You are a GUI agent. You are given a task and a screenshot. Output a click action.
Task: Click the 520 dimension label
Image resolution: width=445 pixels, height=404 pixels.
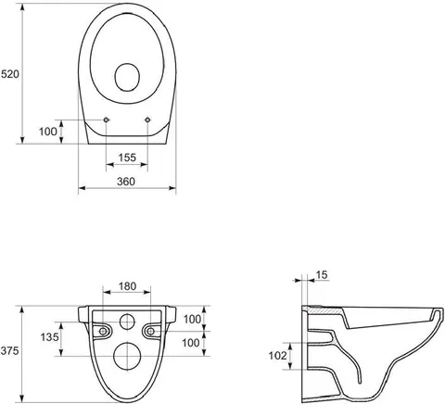[10, 74]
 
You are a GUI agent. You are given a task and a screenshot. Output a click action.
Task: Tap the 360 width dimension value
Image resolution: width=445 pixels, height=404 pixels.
[126, 182]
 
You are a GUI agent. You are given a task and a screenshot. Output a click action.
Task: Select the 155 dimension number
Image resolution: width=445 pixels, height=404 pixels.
[127, 158]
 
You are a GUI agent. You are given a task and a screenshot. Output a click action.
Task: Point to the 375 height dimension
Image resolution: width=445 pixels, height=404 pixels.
[9, 351]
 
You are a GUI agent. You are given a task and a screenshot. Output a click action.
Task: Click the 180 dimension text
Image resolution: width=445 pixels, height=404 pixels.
[127, 286]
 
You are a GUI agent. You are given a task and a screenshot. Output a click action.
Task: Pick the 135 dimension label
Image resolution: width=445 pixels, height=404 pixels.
[49, 336]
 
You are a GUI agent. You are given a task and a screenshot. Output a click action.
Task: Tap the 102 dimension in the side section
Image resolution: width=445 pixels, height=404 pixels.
[278, 356]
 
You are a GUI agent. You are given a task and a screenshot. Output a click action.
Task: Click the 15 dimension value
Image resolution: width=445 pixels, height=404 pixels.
[322, 274]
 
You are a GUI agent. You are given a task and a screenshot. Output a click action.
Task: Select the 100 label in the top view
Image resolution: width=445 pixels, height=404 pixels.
[48, 132]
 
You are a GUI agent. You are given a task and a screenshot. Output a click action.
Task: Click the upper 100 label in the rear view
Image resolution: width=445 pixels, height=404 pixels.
[193, 320]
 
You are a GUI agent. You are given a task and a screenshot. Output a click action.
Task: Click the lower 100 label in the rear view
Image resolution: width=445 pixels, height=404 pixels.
[191, 343]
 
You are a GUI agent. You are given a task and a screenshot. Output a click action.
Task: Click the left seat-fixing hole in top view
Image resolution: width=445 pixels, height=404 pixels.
[106, 120]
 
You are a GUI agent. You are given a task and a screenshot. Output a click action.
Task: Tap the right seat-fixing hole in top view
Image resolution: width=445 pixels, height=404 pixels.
[147, 120]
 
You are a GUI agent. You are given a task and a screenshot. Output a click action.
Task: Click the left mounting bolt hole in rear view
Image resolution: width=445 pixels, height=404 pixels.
[103, 332]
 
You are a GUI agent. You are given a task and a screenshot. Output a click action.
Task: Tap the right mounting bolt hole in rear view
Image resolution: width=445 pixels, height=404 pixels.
[151, 332]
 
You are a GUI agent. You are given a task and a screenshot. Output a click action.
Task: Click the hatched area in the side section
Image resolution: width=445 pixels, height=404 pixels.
[324, 311]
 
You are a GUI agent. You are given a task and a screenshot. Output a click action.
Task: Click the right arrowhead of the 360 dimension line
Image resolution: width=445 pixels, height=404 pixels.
[172, 188]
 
